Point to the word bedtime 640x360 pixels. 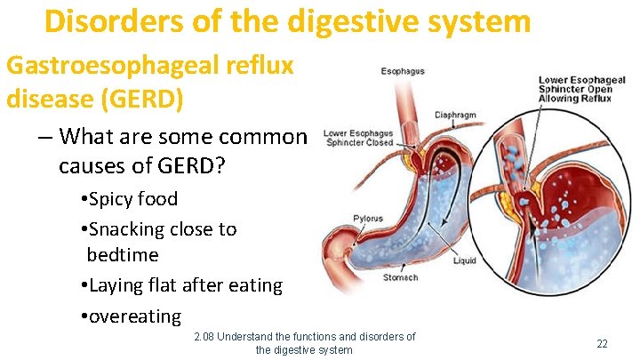123,255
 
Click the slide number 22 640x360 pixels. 602,343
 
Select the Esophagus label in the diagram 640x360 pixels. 403,71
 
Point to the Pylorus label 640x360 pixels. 369,218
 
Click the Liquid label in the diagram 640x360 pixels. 464,260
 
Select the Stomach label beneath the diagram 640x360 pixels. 400,277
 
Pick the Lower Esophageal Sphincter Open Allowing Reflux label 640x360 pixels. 581,89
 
